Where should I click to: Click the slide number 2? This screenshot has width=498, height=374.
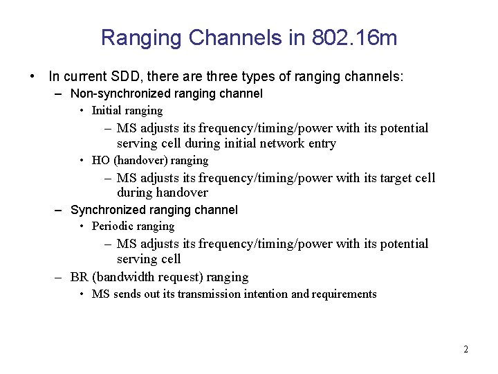(x=465, y=350)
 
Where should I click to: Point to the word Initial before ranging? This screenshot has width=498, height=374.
(x=107, y=111)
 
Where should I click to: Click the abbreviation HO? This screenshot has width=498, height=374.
(x=101, y=161)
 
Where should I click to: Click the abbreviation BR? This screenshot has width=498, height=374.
(x=79, y=277)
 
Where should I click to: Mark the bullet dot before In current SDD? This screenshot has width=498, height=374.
(x=33, y=75)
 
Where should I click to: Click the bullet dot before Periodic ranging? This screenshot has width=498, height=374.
(x=82, y=226)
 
